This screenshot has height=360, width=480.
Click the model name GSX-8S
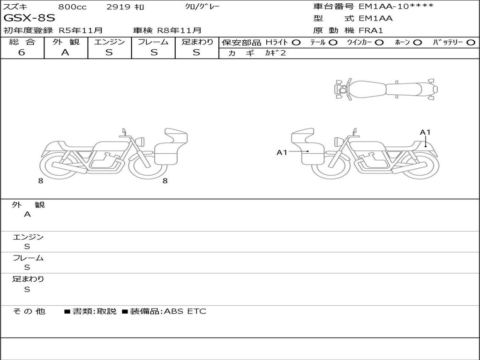pyautogui.click(x=30, y=18)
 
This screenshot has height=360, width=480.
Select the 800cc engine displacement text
pyautogui.click(x=72, y=7)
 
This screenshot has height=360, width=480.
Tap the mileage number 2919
pyautogui.click(x=119, y=7)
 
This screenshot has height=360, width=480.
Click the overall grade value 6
pyautogui.click(x=22, y=52)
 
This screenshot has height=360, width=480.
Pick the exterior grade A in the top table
pyautogui.click(x=65, y=52)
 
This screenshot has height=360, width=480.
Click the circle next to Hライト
pyautogui.click(x=296, y=43)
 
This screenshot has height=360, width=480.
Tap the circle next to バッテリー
pyautogui.click(x=471, y=43)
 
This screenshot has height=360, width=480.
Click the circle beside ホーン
pyautogui.click(x=418, y=43)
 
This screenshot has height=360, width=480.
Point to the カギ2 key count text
pyautogui.click(x=276, y=53)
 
